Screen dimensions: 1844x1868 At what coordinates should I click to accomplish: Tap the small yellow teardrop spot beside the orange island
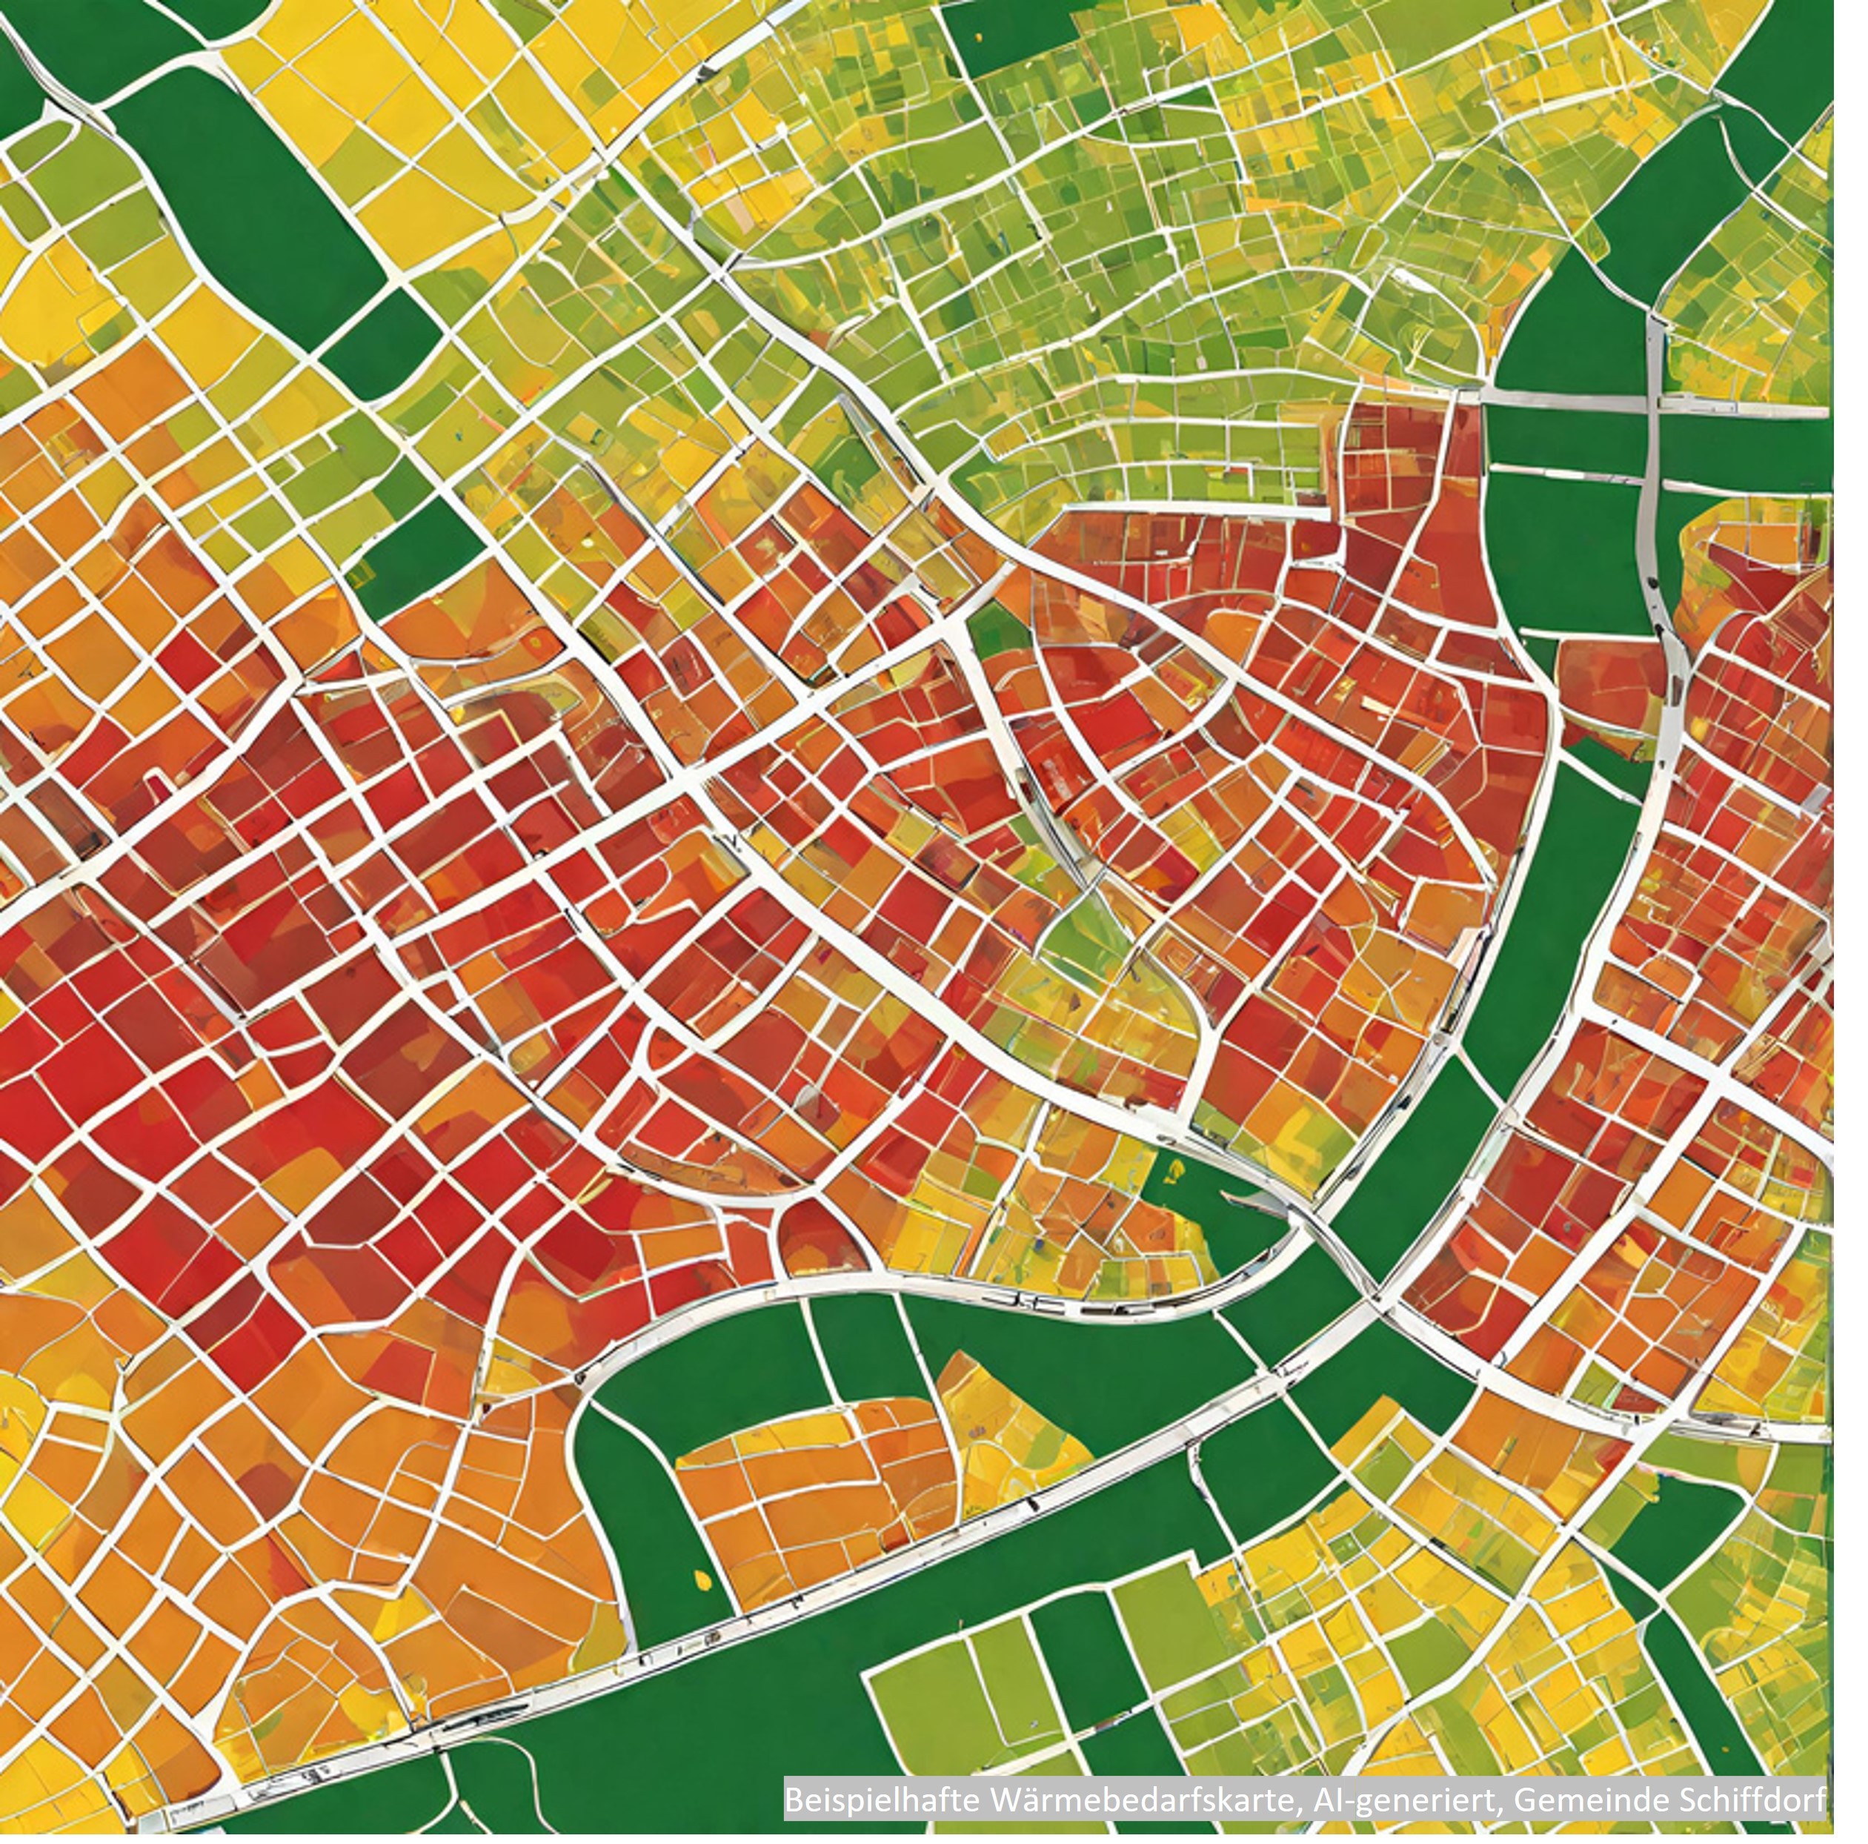pyautogui.click(x=703, y=1580)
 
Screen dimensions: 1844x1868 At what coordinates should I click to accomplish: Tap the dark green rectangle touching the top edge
pyautogui.click(x=1015, y=39)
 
